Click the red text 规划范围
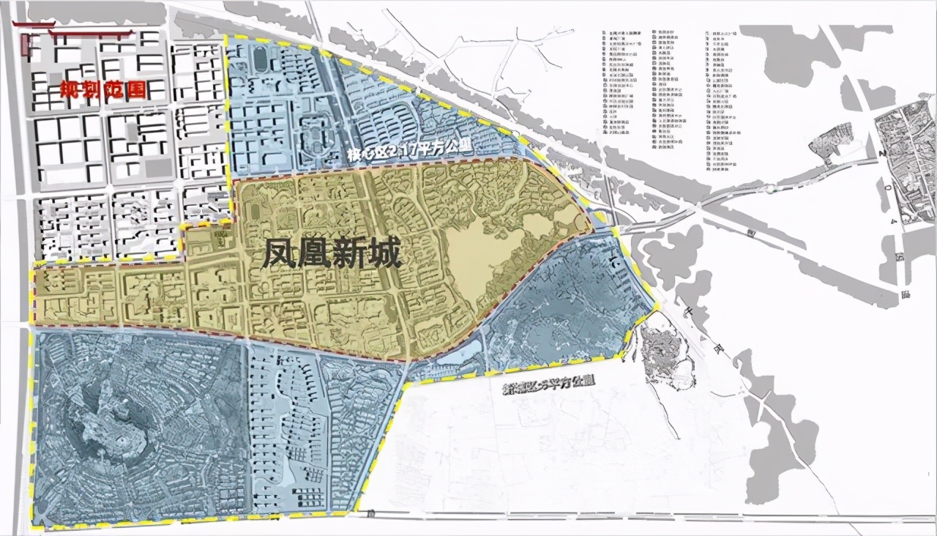point(102,91)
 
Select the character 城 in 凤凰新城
point(385,256)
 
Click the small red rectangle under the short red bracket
point(26,45)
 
